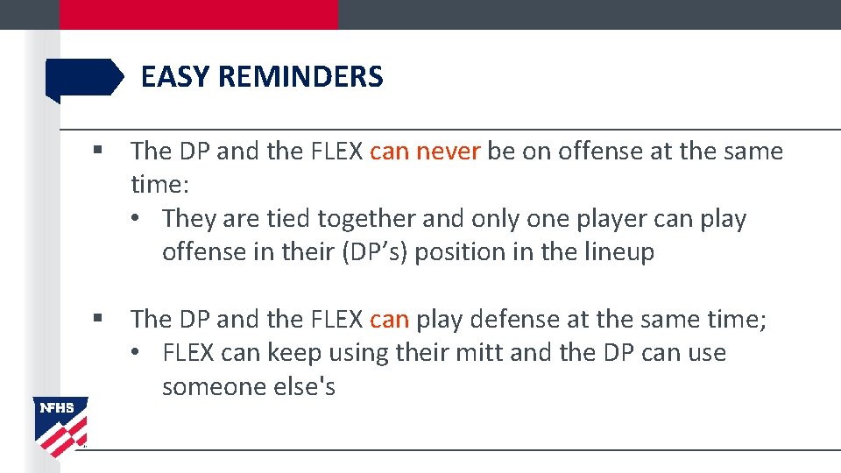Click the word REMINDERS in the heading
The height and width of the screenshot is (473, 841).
pyautogui.click(x=300, y=77)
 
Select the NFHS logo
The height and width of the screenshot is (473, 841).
pyautogui.click(x=60, y=425)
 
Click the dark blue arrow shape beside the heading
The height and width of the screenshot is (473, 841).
pyautogui.click(x=84, y=78)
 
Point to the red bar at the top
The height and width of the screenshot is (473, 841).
pyautogui.click(x=198, y=14)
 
